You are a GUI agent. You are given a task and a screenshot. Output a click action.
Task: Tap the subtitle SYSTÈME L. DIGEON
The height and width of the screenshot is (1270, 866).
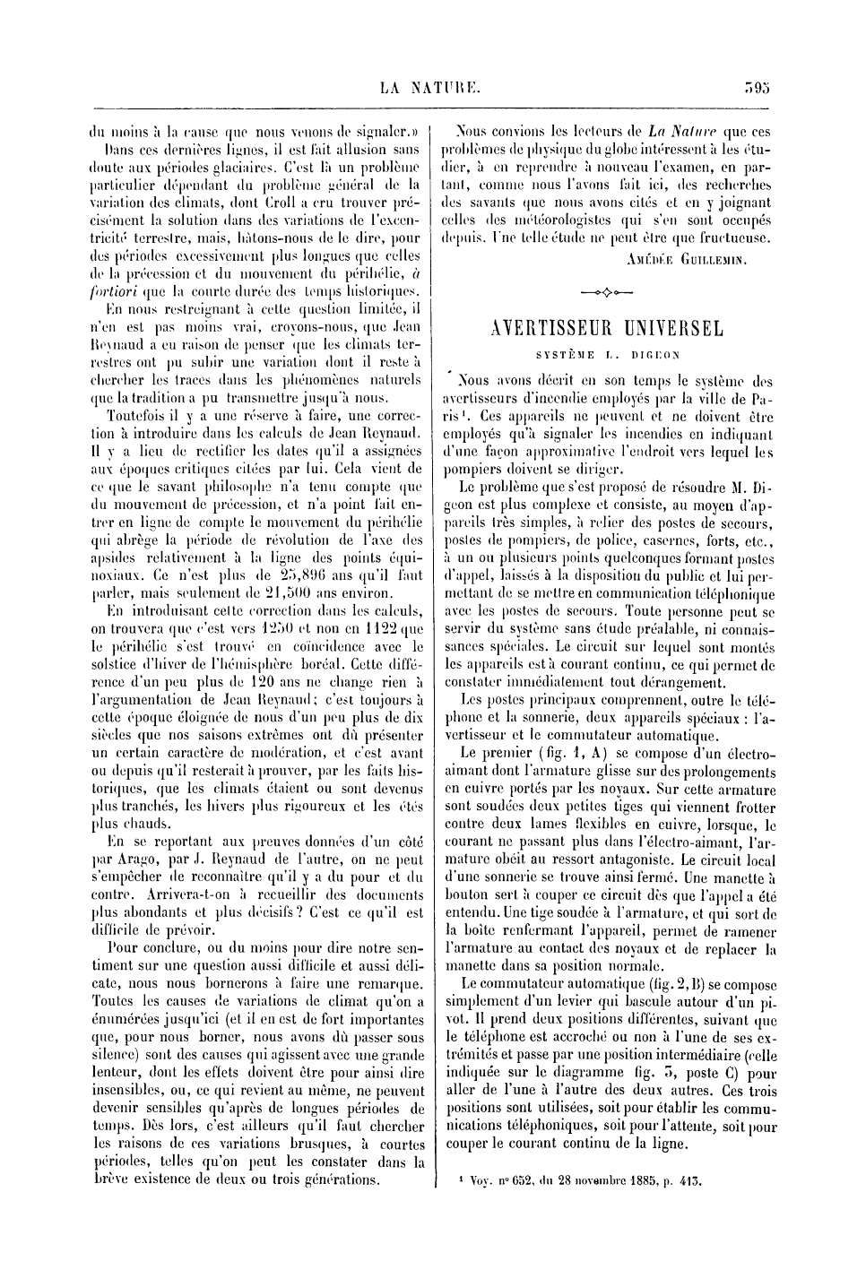pos(608,354)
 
